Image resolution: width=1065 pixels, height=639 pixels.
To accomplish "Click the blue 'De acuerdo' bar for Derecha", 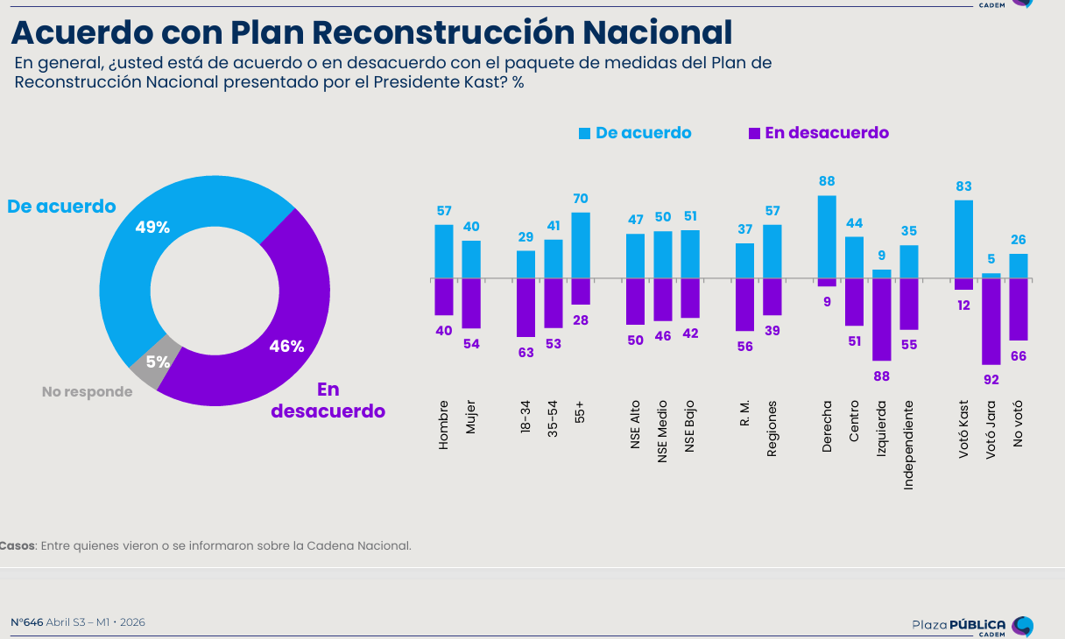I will point(827,236).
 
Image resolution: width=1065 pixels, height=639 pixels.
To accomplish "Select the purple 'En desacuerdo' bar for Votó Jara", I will point(991,321).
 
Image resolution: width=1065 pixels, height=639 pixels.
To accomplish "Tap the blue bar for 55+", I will point(581,245).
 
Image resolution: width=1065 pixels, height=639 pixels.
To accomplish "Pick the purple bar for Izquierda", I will point(881,319).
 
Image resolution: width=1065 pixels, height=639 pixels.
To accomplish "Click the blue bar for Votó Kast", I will point(963,239).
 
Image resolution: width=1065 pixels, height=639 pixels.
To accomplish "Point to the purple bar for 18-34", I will point(525,307).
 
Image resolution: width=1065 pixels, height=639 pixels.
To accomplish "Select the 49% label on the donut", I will point(152,228).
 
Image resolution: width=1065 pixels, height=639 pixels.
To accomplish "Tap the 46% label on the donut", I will point(286,346).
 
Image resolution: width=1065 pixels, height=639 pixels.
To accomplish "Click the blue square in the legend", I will point(584,133).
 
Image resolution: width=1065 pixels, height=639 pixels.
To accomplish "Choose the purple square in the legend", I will point(754,133).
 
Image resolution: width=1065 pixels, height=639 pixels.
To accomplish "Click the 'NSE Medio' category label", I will point(663,426).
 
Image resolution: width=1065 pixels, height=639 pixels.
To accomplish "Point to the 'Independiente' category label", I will point(908,444).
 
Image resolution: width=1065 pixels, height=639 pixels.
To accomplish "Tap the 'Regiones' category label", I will point(772,429).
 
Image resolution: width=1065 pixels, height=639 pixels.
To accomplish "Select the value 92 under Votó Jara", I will point(991,380).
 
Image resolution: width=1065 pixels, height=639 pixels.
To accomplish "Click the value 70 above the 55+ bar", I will point(581,199).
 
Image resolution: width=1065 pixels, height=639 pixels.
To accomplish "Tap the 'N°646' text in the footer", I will point(27,622).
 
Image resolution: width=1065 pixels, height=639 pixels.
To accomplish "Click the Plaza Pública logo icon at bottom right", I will point(1022,626).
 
